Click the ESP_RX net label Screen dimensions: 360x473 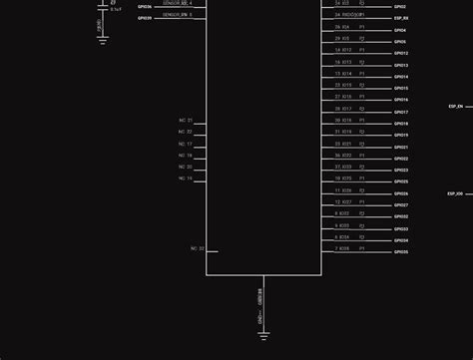coord(400,18)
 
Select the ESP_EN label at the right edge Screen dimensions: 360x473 coord(455,106)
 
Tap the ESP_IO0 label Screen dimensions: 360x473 coord(455,193)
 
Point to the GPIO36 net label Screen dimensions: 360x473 coord(145,6)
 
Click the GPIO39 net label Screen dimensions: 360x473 coord(145,18)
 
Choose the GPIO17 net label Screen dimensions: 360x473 coord(400,112)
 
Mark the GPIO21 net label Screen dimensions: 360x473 coord(400,147)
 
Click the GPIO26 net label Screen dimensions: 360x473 coord(400,193)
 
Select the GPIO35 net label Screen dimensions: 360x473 coord(400,251)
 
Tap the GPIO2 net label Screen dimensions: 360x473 coord(400,6)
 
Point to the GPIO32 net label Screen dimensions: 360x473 coord(400,216)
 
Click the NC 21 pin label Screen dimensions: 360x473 coord(186,121)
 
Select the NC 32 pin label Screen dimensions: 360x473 coord(197,248)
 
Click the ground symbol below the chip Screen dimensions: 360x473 coord(263,335)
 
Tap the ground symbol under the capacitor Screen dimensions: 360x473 coord(103,41)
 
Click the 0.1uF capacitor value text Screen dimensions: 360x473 coord(116,10)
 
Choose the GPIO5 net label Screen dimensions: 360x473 coord(400,42)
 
